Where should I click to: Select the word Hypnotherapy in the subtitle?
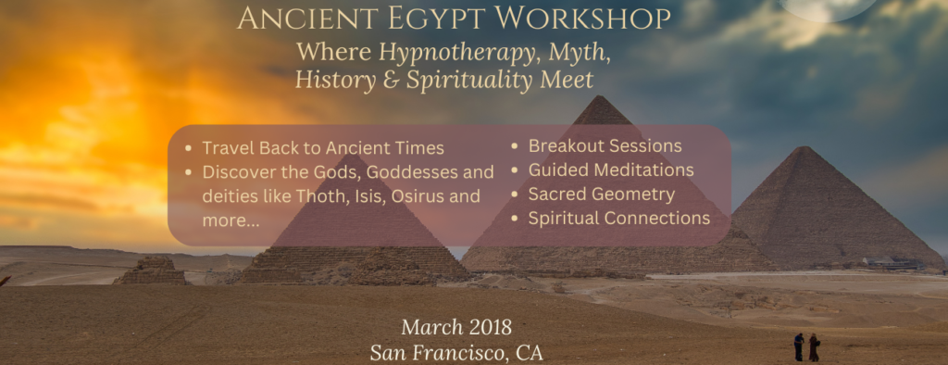(x=459, y=53)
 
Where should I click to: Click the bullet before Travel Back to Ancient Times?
(x=190, y=148)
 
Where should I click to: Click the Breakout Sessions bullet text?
(x=605, y=145)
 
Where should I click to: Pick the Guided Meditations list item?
(x=611, y=170)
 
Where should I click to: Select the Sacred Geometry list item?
(x=602, y=195)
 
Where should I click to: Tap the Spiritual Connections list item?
(x=619, y=219)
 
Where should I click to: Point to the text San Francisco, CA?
(x=456, y=353)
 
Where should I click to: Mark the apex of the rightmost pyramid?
(x=803, y=147)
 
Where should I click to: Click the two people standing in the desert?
(x=806, y=346)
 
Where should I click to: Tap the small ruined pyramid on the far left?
(x=151, y=271)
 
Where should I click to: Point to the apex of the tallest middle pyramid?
(x=598, y=96)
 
